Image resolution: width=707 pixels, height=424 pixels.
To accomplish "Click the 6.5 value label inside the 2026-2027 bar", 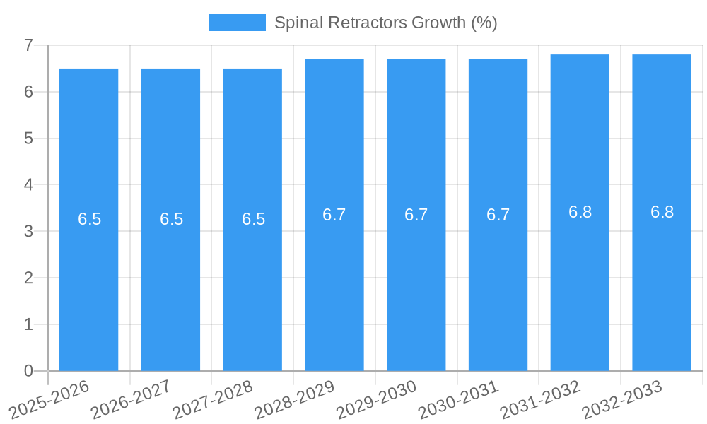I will tap(171, 219).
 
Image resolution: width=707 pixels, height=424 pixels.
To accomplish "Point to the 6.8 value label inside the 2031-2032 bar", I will tap(580, 212).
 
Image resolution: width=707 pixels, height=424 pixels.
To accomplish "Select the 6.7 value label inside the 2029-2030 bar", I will tap(416, 215).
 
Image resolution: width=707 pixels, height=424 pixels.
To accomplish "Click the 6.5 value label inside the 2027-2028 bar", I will tap(253, 219).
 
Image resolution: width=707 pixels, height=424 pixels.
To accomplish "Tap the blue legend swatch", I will tap(238, 23).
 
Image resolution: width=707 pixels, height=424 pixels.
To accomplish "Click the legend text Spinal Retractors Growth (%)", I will tap(385, 23).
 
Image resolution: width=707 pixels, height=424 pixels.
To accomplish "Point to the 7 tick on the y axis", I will tap(28, 45).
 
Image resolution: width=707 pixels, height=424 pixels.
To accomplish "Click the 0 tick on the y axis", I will tap(28, 371).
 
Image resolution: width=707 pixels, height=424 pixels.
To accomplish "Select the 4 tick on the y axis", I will tap(28, 185).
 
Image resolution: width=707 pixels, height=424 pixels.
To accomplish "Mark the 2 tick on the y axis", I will tap(28, 278).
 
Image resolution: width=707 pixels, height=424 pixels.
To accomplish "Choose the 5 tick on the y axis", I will tap(28, 139).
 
